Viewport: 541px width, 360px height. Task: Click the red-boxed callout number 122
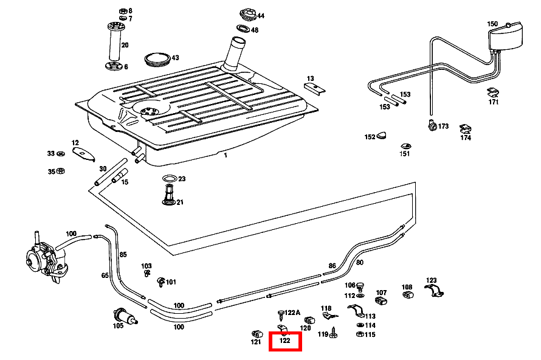click(285, 341)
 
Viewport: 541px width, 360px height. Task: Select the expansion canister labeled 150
click(505, 37)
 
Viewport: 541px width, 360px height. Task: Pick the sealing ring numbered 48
click(243, 29)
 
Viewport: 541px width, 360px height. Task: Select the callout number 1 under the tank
click(225, 155)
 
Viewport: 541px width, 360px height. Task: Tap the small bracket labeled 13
click(315, 88)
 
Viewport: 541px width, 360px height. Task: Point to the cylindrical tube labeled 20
click(114, 44)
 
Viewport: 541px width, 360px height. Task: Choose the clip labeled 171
click(493, 92)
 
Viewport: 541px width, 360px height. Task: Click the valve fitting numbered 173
click(432, 126)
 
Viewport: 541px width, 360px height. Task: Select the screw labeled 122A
click(280, 314)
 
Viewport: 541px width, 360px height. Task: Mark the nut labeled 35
click(60, 171)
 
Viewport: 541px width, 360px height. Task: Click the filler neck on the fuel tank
click(234, 54)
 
